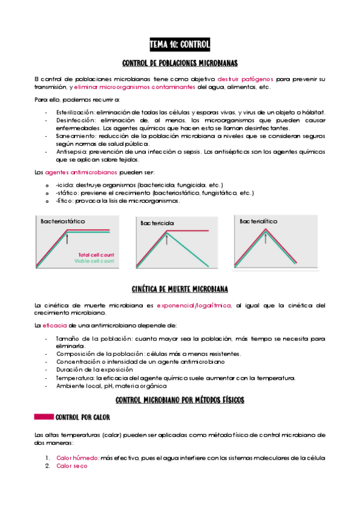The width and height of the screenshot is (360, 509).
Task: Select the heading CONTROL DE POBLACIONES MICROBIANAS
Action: (x=180, y=63)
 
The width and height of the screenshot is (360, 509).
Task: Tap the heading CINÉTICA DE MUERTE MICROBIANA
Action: (x=180, y=289)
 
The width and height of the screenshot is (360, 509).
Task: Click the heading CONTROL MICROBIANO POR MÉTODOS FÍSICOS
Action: (x=180, y=399)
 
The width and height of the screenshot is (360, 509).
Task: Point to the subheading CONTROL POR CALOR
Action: (x=82, y=417)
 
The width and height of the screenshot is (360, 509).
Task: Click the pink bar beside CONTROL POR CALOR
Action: (x=44, y=416)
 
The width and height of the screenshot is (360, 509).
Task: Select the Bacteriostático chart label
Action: (x=63, y=221)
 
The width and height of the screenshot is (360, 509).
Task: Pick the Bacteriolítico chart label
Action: (x=259, y=221)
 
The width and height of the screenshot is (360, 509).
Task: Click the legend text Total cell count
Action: (x=96, y=254)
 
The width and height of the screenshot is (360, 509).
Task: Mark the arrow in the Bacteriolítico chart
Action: (x=265, y=238)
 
